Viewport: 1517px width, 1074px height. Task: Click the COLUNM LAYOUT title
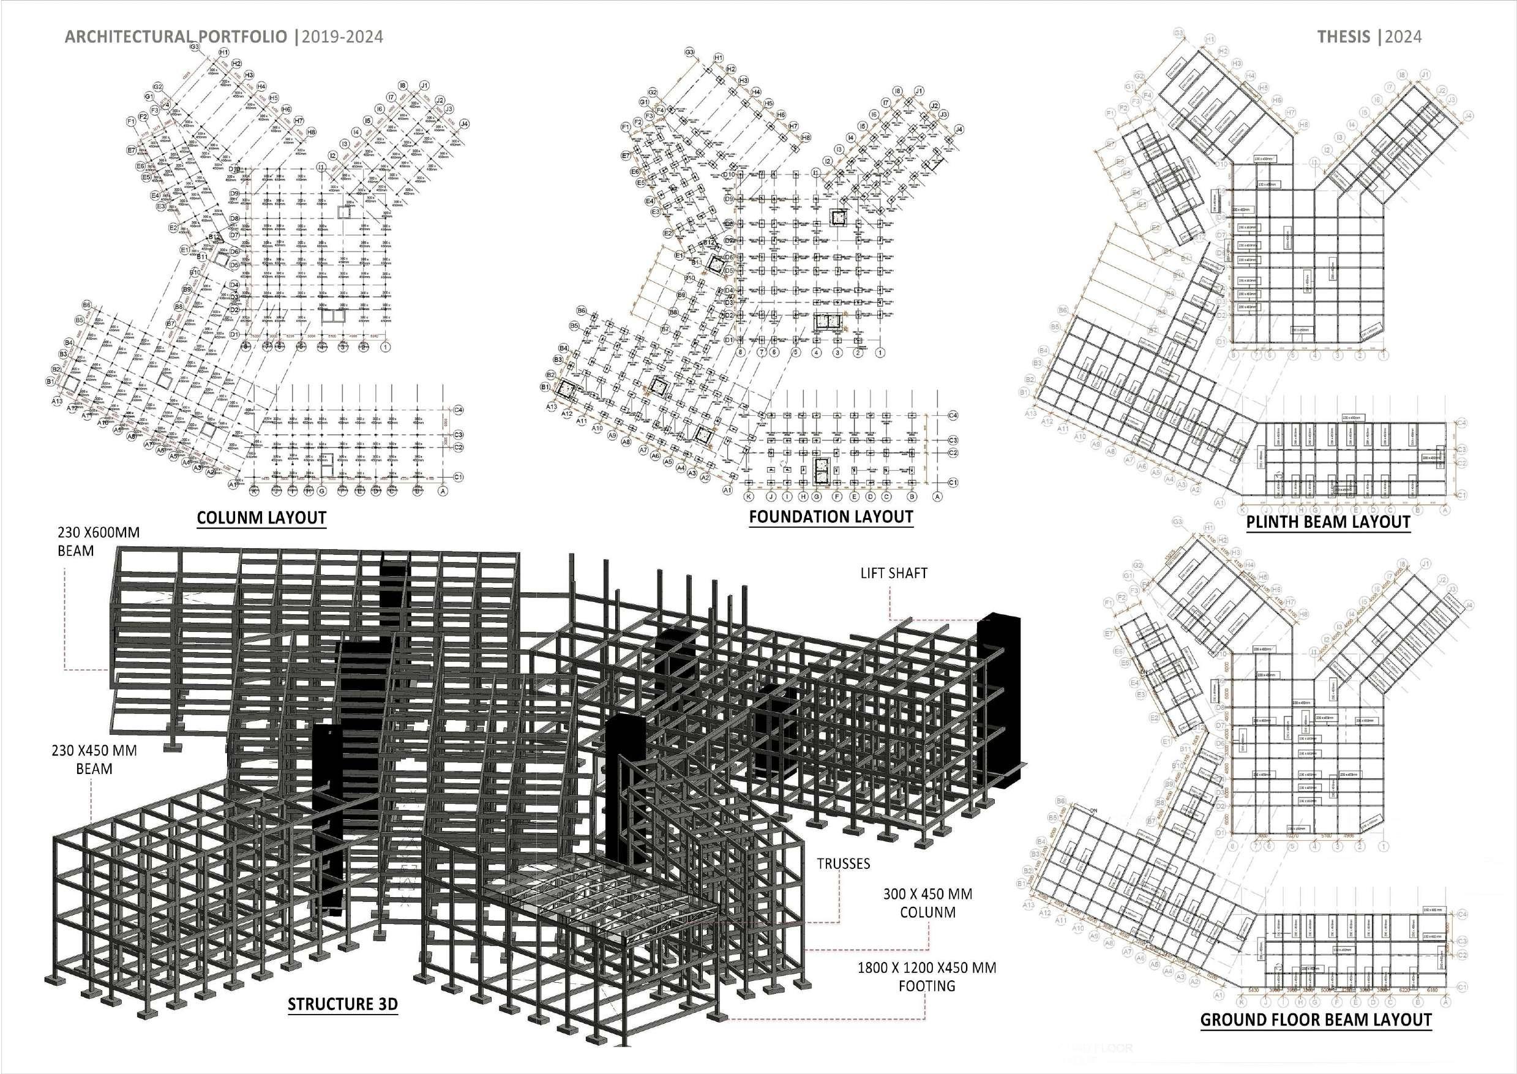[262, 518]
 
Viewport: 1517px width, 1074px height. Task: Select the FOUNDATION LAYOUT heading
[831, 517]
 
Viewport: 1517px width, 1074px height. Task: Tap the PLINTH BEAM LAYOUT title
[1328, 522]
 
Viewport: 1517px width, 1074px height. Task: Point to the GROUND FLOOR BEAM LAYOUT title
[1316, 1020]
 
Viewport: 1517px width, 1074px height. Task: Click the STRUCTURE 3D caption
[342, 1005]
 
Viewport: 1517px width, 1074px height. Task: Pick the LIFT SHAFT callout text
[894, 573]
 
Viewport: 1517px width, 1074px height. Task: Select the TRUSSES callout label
[843, 864]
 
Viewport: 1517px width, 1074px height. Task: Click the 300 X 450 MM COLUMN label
[927, 903]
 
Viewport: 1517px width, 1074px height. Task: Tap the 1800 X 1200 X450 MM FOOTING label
[927, 977]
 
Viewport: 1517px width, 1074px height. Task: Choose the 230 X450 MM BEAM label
[94, 760]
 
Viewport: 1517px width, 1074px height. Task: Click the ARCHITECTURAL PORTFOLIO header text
[176, 36]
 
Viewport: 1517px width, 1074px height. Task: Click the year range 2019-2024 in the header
[342, 36]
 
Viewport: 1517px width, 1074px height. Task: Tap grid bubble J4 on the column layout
[464, 124]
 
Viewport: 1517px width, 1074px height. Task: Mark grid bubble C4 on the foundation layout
[953, 415]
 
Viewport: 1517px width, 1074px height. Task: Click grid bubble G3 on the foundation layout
[689, 51]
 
